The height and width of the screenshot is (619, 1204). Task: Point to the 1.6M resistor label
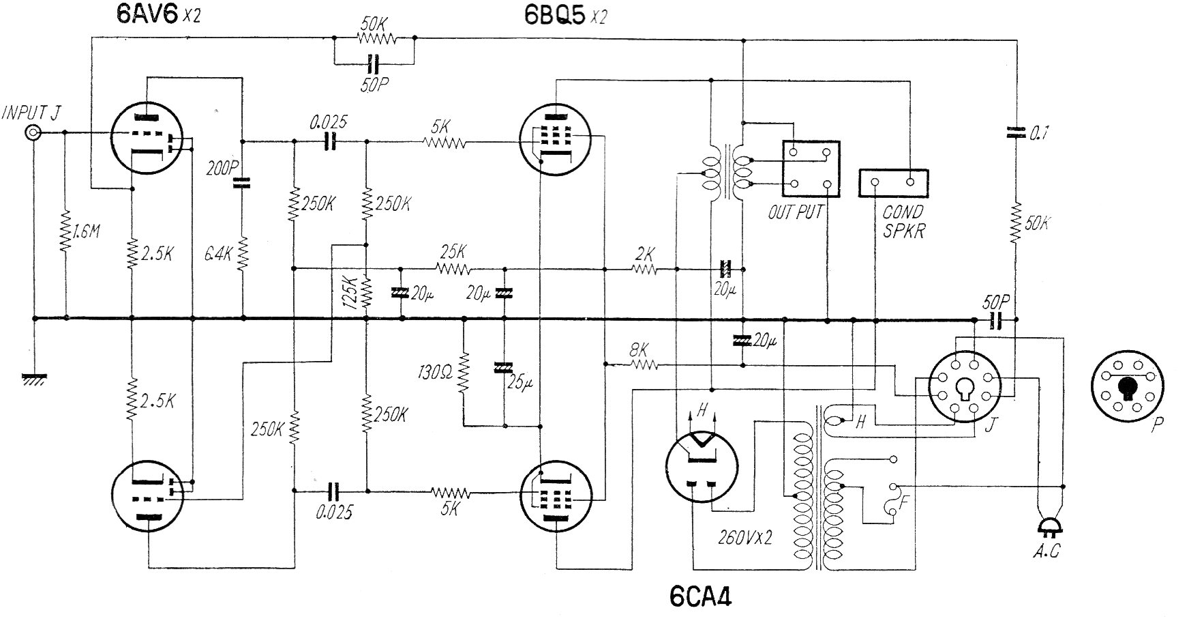(x=86, y=232)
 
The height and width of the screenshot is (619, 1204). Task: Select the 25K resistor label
(x=453, y=250)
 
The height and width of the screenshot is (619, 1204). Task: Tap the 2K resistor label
(x=644, y=254)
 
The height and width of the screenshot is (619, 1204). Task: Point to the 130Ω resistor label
(x=434, y=373)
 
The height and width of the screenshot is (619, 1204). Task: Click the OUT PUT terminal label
(x=796, y=212)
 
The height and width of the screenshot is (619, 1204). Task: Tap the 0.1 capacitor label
(x=1038, y=134)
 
